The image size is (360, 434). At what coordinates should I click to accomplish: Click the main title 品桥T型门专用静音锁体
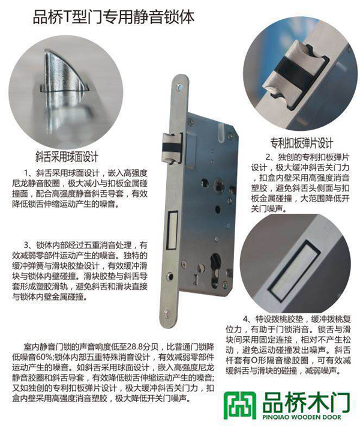(x=113, y=17)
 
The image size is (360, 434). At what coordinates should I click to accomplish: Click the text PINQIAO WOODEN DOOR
(x=301, y=417)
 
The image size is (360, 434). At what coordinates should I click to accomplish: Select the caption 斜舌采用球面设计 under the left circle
(x=67, y=157)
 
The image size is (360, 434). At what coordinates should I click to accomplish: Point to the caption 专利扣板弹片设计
(x=301, y=143)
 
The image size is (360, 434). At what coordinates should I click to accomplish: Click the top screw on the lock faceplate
(x=180, y=88)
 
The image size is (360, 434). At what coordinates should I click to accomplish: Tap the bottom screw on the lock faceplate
(x=167, y=313)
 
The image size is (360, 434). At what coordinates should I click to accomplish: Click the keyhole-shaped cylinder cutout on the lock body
(x=215, y=270)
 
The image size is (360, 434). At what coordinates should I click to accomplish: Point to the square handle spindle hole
(x=219, y=184)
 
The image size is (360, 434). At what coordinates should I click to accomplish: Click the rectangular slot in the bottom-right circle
(x=294, y=271)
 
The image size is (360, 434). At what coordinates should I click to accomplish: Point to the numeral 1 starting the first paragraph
(x=26, y=173)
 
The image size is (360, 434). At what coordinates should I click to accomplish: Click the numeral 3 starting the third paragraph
(x=26, y=246)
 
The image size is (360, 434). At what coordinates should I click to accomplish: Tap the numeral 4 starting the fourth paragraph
(x=245, y=319)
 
